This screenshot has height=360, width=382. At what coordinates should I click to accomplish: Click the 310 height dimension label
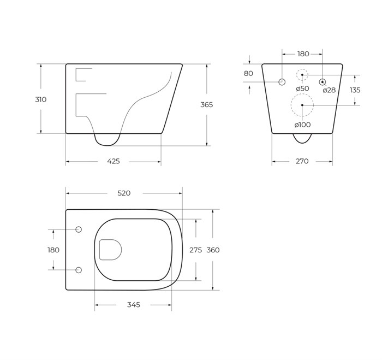click(41, 99)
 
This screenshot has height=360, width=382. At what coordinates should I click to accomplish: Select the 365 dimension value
click(207, 105)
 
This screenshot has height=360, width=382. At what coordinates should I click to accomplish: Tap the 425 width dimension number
click(114, 161)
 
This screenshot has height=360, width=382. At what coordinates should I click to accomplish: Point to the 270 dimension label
click(302, 161)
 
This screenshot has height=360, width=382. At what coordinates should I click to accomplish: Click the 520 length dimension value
click(124, 193)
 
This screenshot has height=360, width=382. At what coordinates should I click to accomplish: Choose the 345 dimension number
click(134, 305)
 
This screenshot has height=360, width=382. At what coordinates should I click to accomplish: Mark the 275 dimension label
click(195, 250)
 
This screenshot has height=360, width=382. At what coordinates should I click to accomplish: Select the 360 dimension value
click(213, 250)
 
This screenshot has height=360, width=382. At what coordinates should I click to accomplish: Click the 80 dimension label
click(248, 73)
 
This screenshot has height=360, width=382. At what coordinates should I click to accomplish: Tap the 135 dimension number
click(355, 90)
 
